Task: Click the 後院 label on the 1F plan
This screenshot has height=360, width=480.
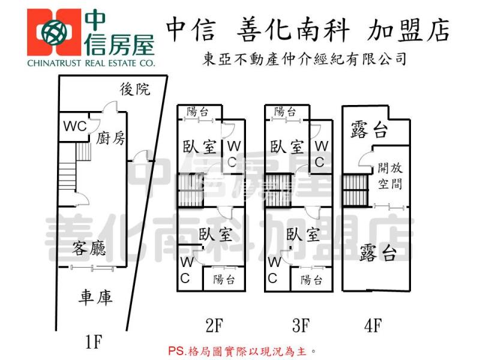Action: click(x=135, y=90)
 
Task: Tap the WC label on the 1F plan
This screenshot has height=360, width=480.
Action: click(x=75, y=127)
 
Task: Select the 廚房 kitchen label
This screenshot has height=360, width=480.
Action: click(x=110, y=139)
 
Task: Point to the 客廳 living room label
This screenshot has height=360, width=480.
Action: click(x=91, y=247)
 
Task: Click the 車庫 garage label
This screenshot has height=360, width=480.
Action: click(x=96, y=297)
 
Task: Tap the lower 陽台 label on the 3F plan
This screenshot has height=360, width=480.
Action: click(x=312, y=280)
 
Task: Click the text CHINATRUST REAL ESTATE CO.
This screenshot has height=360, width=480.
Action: click(x=91, y=62)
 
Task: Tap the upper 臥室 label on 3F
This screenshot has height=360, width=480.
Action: click(x=286, y=146)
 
